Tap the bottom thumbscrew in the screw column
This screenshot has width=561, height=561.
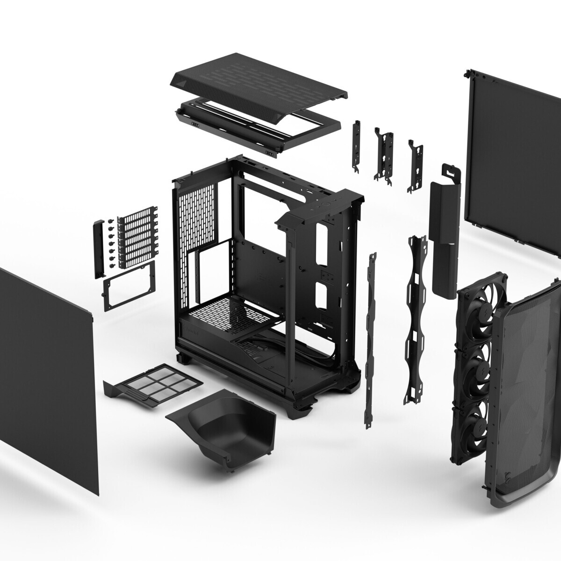pyautogui.click(x=112, y=266)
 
